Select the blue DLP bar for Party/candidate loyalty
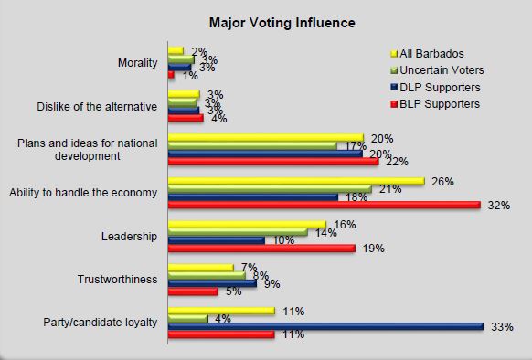325,325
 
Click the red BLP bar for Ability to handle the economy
325,205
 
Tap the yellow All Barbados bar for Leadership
247,224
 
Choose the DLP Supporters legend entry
436,88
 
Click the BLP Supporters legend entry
435,104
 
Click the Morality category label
138,63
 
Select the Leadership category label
132,236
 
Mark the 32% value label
498,206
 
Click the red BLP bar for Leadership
261,248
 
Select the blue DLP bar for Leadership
217,240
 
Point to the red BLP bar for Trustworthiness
193,291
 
